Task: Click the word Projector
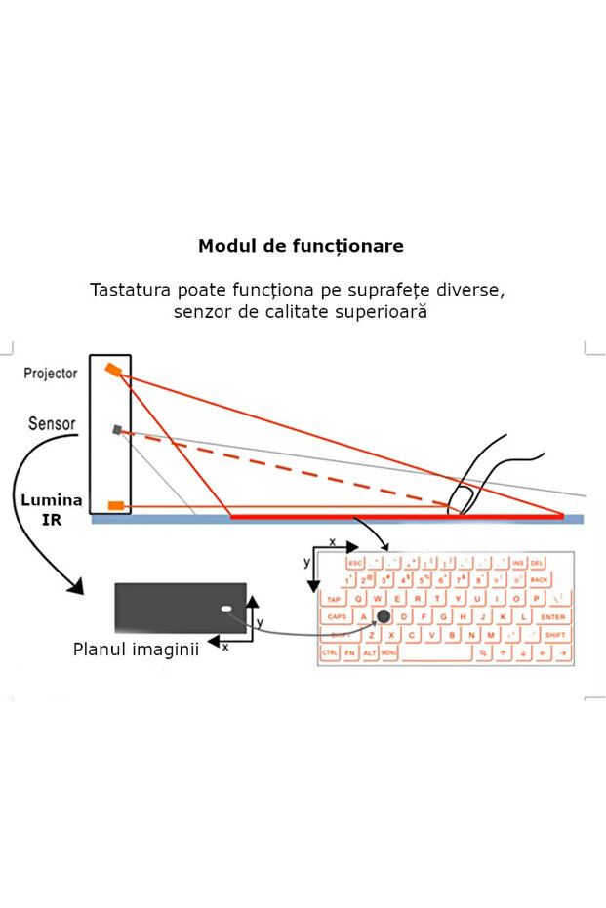(51, 374)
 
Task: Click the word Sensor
(52, 424)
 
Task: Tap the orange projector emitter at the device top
(114, 370)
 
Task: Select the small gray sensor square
(117, 429)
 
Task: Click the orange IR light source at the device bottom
(116, 505)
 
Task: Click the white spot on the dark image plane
(226, 610)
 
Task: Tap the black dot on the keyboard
(384, 616)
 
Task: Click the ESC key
(354, 563)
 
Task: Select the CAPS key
(337, 617)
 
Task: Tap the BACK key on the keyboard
(540, 580)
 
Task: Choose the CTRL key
(331, 652)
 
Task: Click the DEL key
(538, 563)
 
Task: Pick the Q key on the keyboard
(360, 599)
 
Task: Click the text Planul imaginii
(136, 649)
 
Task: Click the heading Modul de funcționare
(301, 246)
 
